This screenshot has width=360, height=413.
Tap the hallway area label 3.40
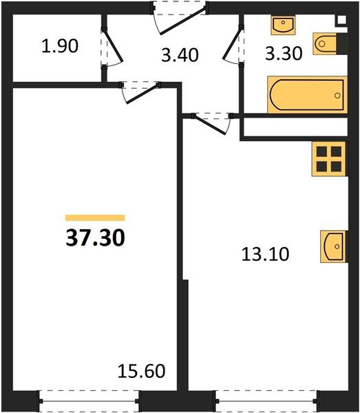[x=180, y=54]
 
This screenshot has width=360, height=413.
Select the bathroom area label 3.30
[x=283, y=54]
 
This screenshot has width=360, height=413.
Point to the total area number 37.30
[x=95, y=238]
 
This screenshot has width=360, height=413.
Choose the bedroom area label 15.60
[x=142, y=372]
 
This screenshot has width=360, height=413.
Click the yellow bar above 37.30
[x=95, y=217]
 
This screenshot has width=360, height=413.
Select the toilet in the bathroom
[x=326, y=44]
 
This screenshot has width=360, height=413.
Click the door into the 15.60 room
[x=138, y=91]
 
